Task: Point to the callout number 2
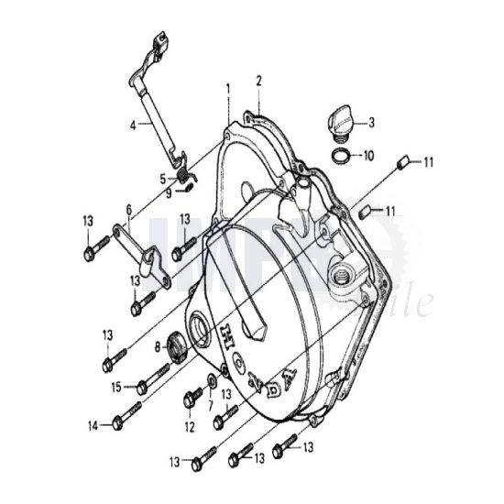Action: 259,81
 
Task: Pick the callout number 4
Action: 134,124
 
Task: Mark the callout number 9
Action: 168,192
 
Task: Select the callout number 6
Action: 129,210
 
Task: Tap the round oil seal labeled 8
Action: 176,346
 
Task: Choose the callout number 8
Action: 157,346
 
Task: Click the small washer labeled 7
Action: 212,378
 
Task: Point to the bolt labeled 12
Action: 192,399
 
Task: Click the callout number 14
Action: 93,425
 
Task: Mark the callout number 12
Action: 190,426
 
